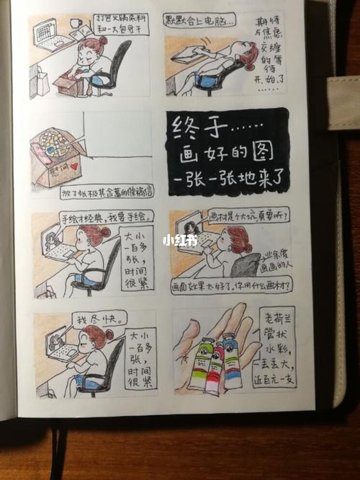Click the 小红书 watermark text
tap(179, 240)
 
